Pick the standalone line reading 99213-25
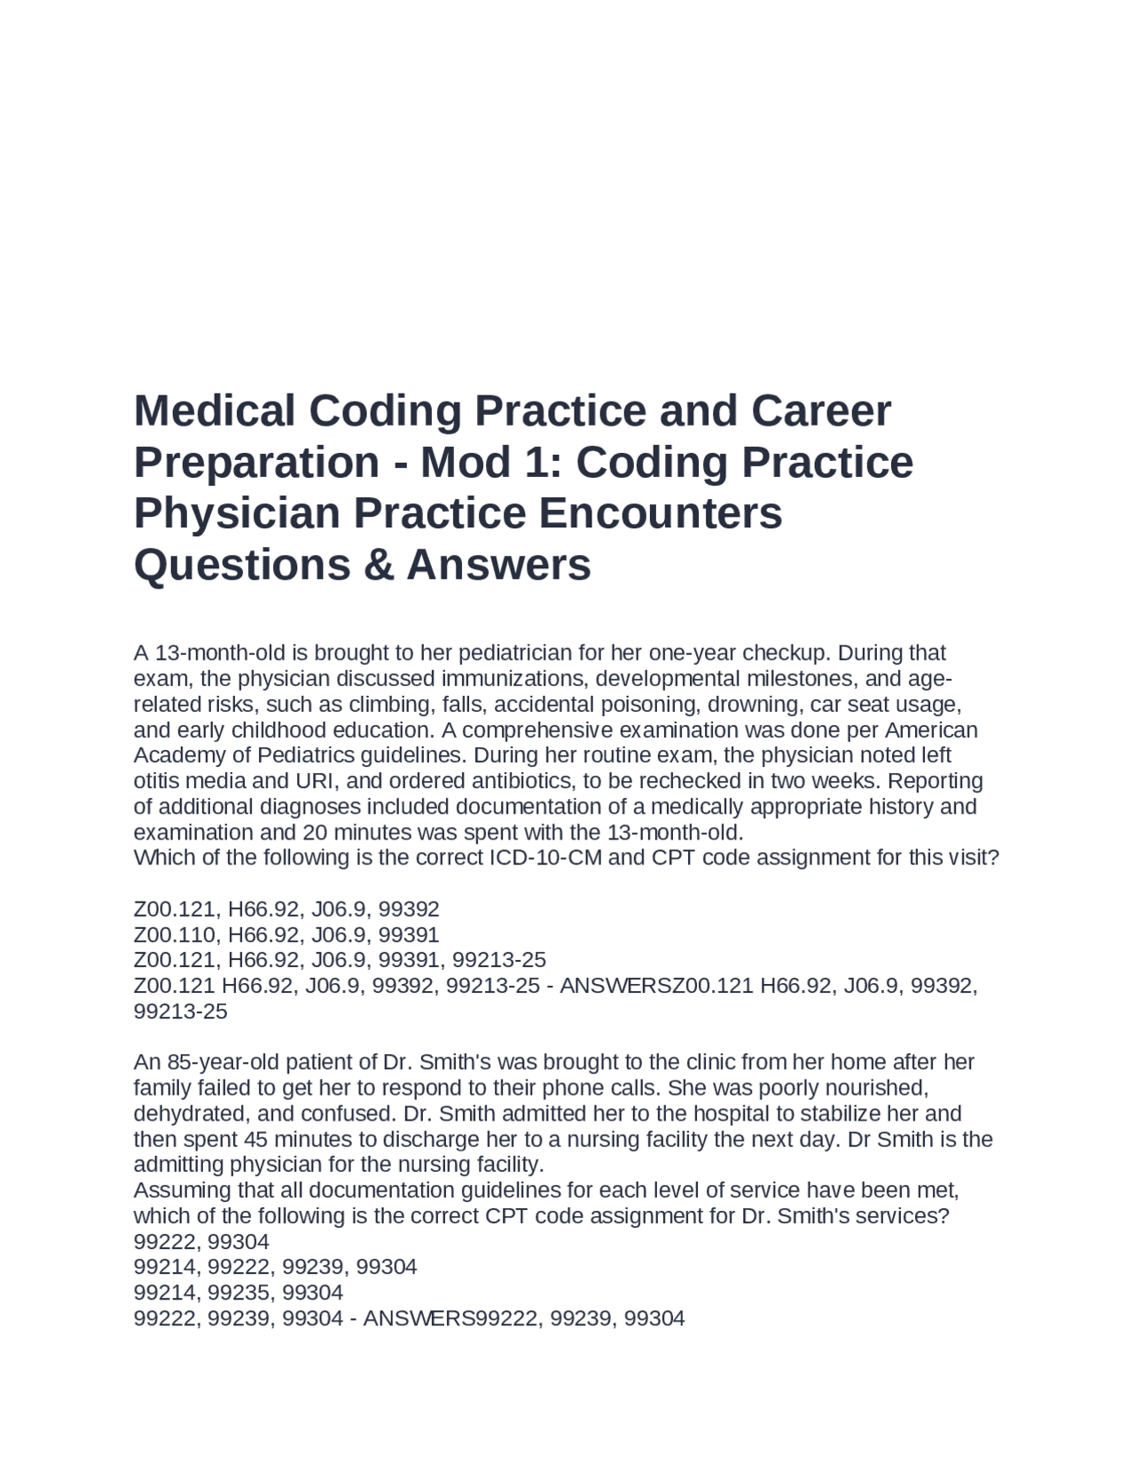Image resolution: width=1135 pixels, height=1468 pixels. pos(180,1011)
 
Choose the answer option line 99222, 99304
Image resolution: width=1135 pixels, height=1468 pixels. pos(201,1241)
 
